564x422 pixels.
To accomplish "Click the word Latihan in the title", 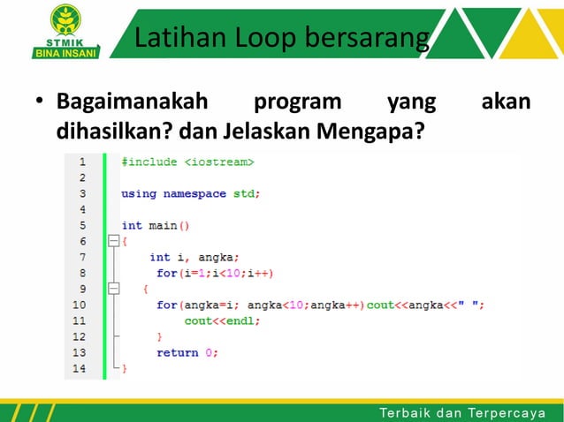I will click(x=177, y=38).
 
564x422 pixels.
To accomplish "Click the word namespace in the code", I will click(x=195, y=193).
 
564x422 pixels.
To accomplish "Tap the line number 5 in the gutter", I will click(x=82, y=225).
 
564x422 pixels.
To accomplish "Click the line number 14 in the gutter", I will click(x=80, y=368).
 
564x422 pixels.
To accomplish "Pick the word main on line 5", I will click(x=163, y=225).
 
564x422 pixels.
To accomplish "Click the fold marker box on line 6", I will click(x=113, y=241).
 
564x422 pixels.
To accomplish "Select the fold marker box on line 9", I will click(x=113, y=289).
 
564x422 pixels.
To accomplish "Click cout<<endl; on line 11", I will click(x=222, y=320).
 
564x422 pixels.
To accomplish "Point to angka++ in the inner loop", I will click(x=339, y=305).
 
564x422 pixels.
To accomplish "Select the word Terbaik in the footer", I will click(x=404, y=412).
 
